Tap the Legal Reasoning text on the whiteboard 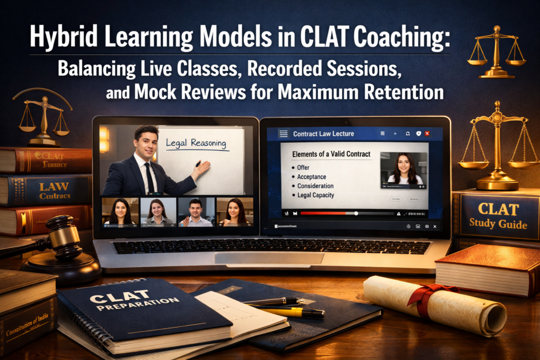196,143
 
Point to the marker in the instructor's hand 199,163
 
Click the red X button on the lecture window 427,134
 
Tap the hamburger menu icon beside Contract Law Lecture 283,134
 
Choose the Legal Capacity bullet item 315,195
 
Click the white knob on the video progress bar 356,213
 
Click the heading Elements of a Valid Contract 331,154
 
